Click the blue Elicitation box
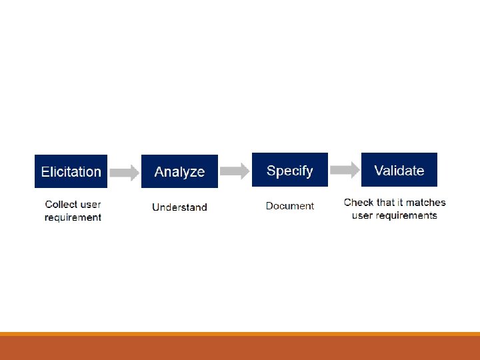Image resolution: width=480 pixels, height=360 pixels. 71,171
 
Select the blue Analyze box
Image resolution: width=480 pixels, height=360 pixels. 179,171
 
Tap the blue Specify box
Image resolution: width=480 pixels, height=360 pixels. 289,170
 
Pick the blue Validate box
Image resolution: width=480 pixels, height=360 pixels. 399,170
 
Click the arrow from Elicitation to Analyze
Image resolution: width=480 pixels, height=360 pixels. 124,173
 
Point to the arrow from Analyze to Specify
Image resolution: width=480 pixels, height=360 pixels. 234,171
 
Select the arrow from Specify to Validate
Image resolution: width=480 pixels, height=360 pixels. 344,170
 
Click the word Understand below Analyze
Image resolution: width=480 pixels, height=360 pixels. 179,207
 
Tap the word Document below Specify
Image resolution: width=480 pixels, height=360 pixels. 289,206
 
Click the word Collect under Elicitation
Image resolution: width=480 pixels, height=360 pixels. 60,205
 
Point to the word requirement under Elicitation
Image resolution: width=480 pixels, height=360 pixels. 73,217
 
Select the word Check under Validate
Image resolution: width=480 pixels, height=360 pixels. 358,203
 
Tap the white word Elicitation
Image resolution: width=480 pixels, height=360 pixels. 71,172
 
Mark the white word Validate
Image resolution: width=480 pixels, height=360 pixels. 399,171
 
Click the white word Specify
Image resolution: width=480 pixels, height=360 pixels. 289,171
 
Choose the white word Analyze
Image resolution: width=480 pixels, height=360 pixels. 179,172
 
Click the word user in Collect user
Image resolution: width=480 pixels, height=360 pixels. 90,205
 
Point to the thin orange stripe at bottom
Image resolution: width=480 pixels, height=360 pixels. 240,334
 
